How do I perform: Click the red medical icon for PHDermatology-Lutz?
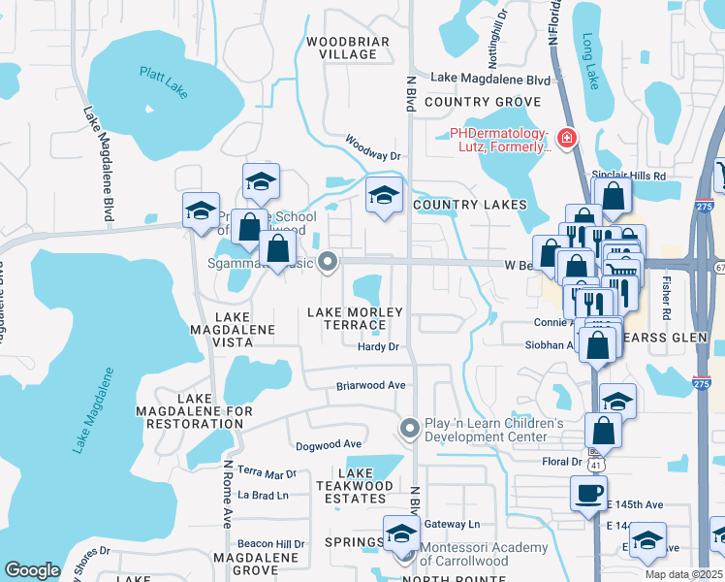click(566, 139)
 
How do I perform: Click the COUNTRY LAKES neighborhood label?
click(469, 205)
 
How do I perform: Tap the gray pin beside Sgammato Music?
click(329, 261)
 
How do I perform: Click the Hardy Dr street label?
click(378, 346)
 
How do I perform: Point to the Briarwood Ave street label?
click(370, 384)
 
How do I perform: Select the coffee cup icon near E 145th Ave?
click(588, 493)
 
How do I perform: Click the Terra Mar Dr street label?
click(268, 474)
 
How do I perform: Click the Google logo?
click(32, 570)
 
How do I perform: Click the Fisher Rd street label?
click(665, 295)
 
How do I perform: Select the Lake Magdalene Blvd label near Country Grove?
click(490, 79)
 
